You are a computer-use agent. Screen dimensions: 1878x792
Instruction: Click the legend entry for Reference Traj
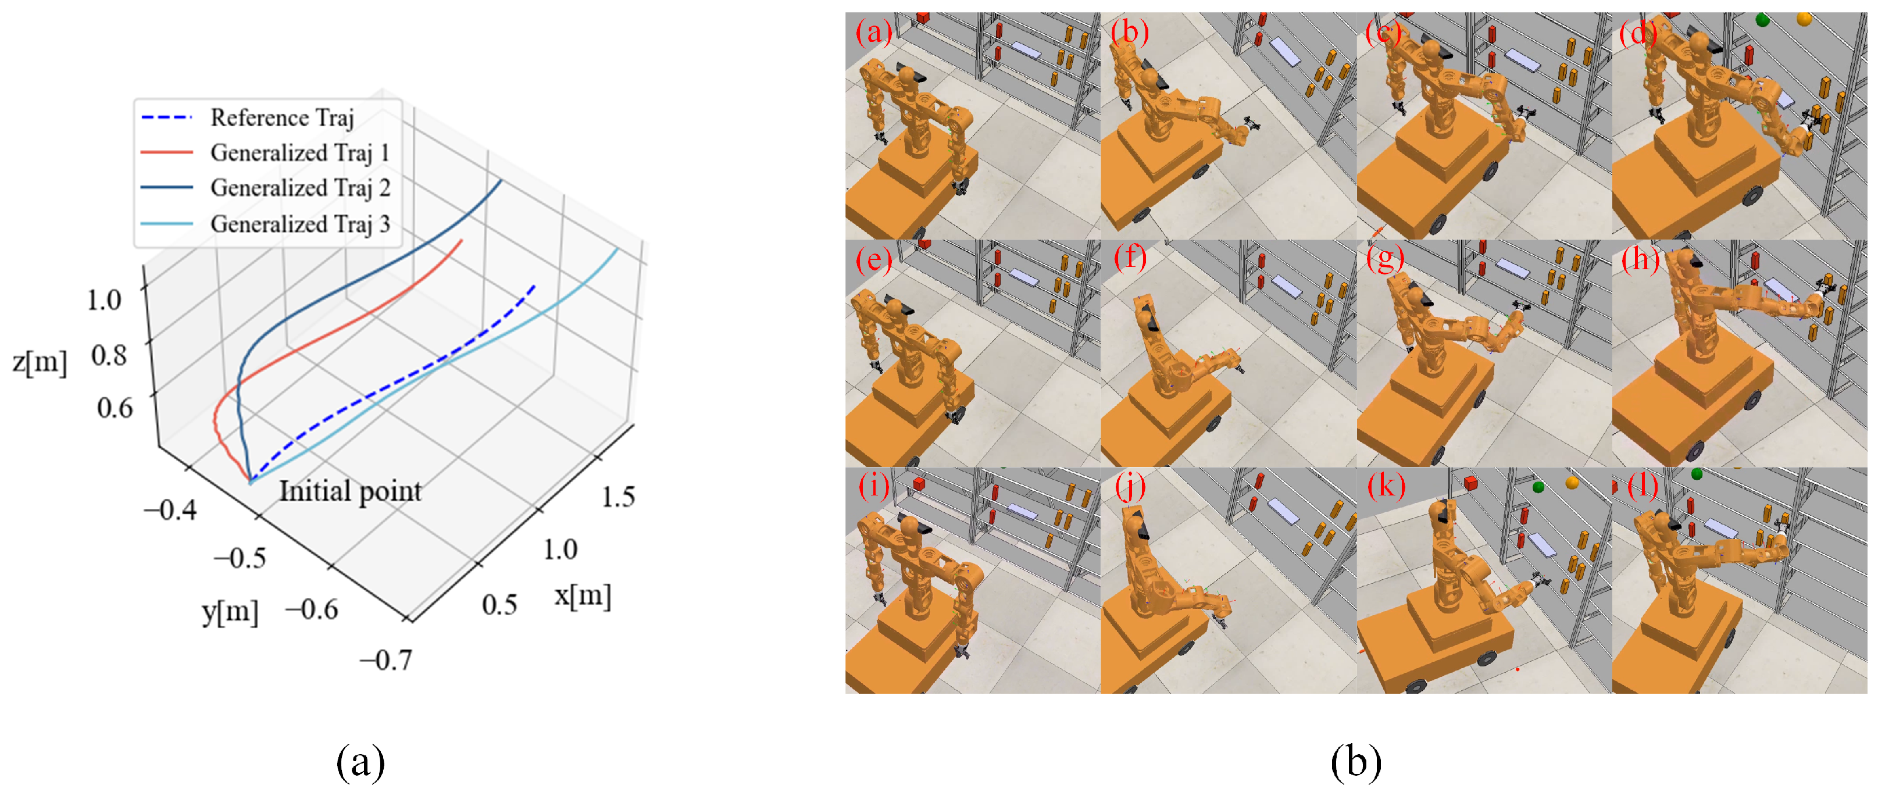point(247,117)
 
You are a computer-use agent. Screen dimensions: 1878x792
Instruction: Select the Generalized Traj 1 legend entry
point(265,152)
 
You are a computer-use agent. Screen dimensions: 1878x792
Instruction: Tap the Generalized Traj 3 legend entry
point(265,223)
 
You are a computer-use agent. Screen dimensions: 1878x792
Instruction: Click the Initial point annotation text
point(351,491)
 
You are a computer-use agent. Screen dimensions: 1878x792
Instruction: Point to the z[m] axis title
point(40,361)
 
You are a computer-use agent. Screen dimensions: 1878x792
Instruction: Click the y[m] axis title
point(230,611)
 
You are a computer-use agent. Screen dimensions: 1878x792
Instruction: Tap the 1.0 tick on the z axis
point(104,299)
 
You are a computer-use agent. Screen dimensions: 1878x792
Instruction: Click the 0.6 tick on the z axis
point(115,407)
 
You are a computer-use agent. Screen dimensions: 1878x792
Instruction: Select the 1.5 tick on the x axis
point(617,496)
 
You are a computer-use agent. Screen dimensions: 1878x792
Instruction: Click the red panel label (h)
point(1640,258)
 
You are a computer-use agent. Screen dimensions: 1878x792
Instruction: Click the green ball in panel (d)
point(1763,20)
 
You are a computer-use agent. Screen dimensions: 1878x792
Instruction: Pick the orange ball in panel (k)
point(1572,482)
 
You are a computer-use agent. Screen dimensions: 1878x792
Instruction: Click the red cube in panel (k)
point(1470,482)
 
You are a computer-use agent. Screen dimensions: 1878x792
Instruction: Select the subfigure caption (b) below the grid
point(1355,762)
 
